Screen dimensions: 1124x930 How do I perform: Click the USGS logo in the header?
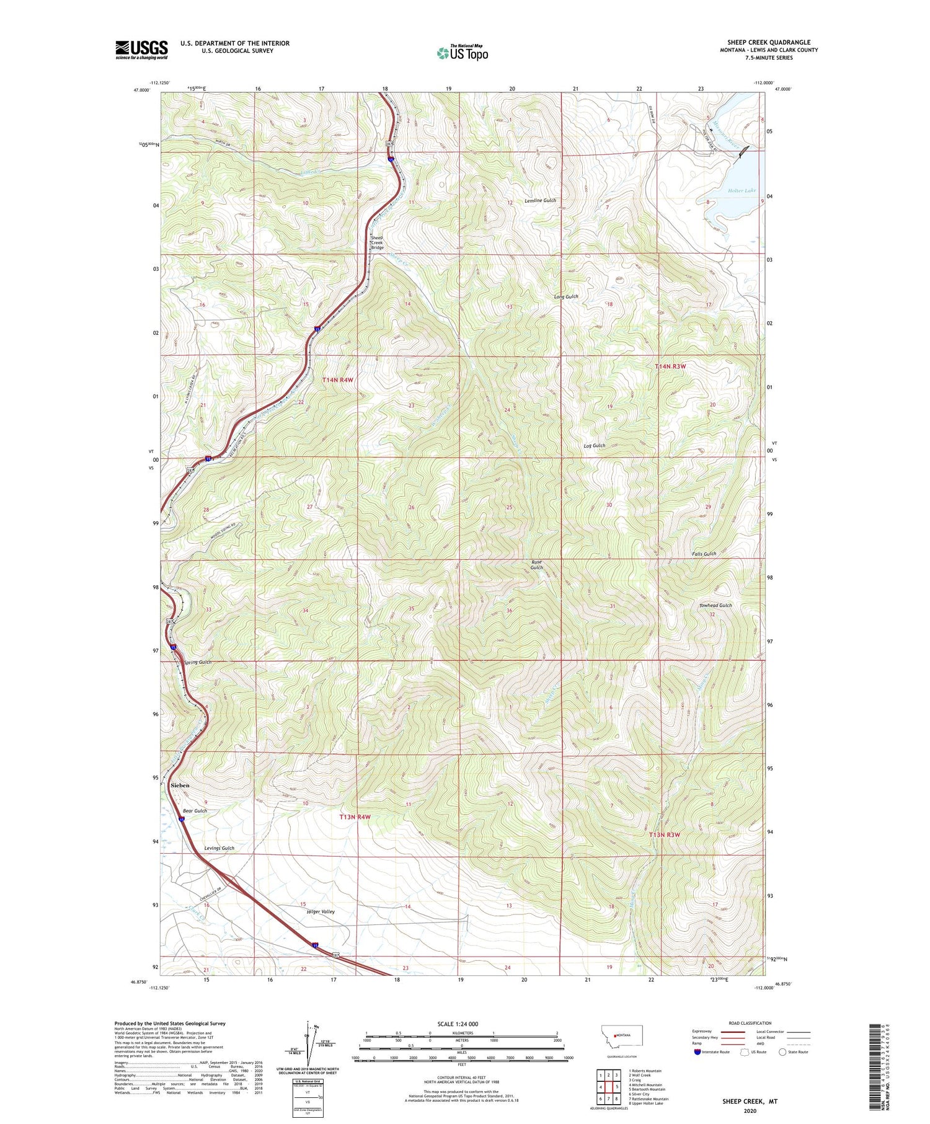[141, 50]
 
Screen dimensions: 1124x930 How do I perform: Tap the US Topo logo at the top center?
[463, 53]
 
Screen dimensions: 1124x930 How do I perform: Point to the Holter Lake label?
[742, 191]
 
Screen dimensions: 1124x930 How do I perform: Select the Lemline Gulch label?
[540, 201]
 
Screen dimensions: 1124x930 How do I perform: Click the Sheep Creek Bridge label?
[377, 242]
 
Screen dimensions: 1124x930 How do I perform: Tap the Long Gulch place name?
[565, 297]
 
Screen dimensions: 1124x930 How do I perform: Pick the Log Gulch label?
[594, 446]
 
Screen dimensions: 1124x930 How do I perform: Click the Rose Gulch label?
[536, 565]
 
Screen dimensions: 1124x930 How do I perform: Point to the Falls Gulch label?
[704, 554]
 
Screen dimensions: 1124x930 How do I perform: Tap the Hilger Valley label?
[321, 912]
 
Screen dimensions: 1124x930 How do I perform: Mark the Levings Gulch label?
[219, 848]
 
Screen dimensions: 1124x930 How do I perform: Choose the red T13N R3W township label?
[664, 834]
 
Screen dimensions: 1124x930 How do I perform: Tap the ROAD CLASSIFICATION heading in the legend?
[750, 1023]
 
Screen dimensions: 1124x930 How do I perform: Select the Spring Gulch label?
[197, 662]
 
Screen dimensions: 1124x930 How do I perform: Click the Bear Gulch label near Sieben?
[195, 811]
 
